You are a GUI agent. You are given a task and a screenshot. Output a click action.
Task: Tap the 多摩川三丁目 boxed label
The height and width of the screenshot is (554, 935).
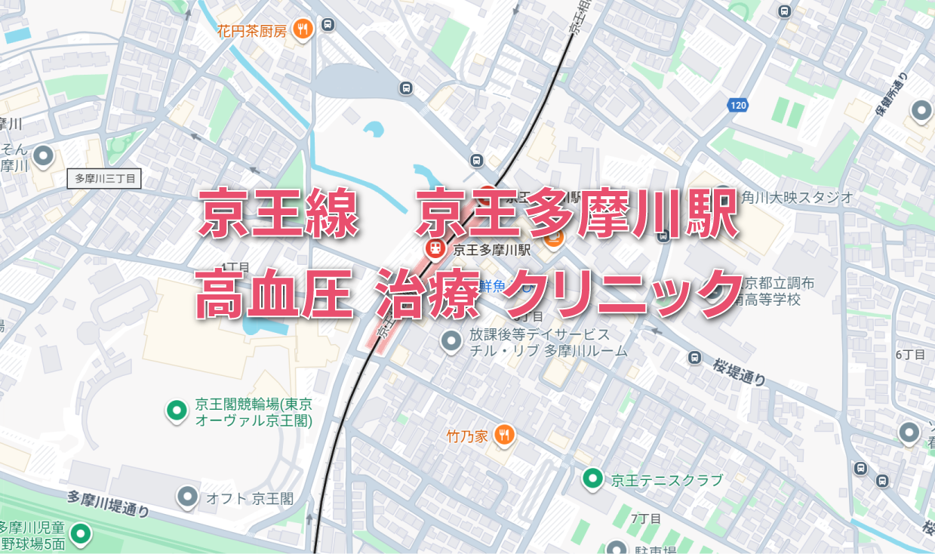click(x=105, y=179)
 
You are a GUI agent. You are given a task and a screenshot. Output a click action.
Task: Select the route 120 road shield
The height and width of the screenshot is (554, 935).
click(x=738, y=106)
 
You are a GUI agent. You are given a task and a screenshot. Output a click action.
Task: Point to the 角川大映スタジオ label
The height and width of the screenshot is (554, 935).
click(x=797, y=198)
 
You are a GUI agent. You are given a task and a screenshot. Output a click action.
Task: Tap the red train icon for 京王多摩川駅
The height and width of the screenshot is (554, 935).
click(x=435, y=248)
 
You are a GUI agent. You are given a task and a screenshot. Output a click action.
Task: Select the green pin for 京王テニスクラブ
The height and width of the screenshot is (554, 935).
click(x=592, y=478)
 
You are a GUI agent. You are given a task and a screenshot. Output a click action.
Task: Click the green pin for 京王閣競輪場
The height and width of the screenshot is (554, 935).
click(x=177, y=411)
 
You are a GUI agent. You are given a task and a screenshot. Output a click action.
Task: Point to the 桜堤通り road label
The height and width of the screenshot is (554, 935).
click(x=737, y=371)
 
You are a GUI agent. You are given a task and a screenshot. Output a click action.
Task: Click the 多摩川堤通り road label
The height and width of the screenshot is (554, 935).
click(x=108, y=503)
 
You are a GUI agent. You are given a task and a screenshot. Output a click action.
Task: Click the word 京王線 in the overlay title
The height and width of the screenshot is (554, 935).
click(x=278, y=213)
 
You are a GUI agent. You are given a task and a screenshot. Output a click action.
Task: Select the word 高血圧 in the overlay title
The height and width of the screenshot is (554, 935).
click(x=275, y=294)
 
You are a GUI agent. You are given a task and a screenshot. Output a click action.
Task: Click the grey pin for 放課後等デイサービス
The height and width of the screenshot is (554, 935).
click(x=451, y=341)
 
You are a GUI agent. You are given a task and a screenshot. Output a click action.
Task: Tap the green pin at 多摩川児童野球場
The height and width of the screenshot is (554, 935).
click(x=80, y=534)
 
